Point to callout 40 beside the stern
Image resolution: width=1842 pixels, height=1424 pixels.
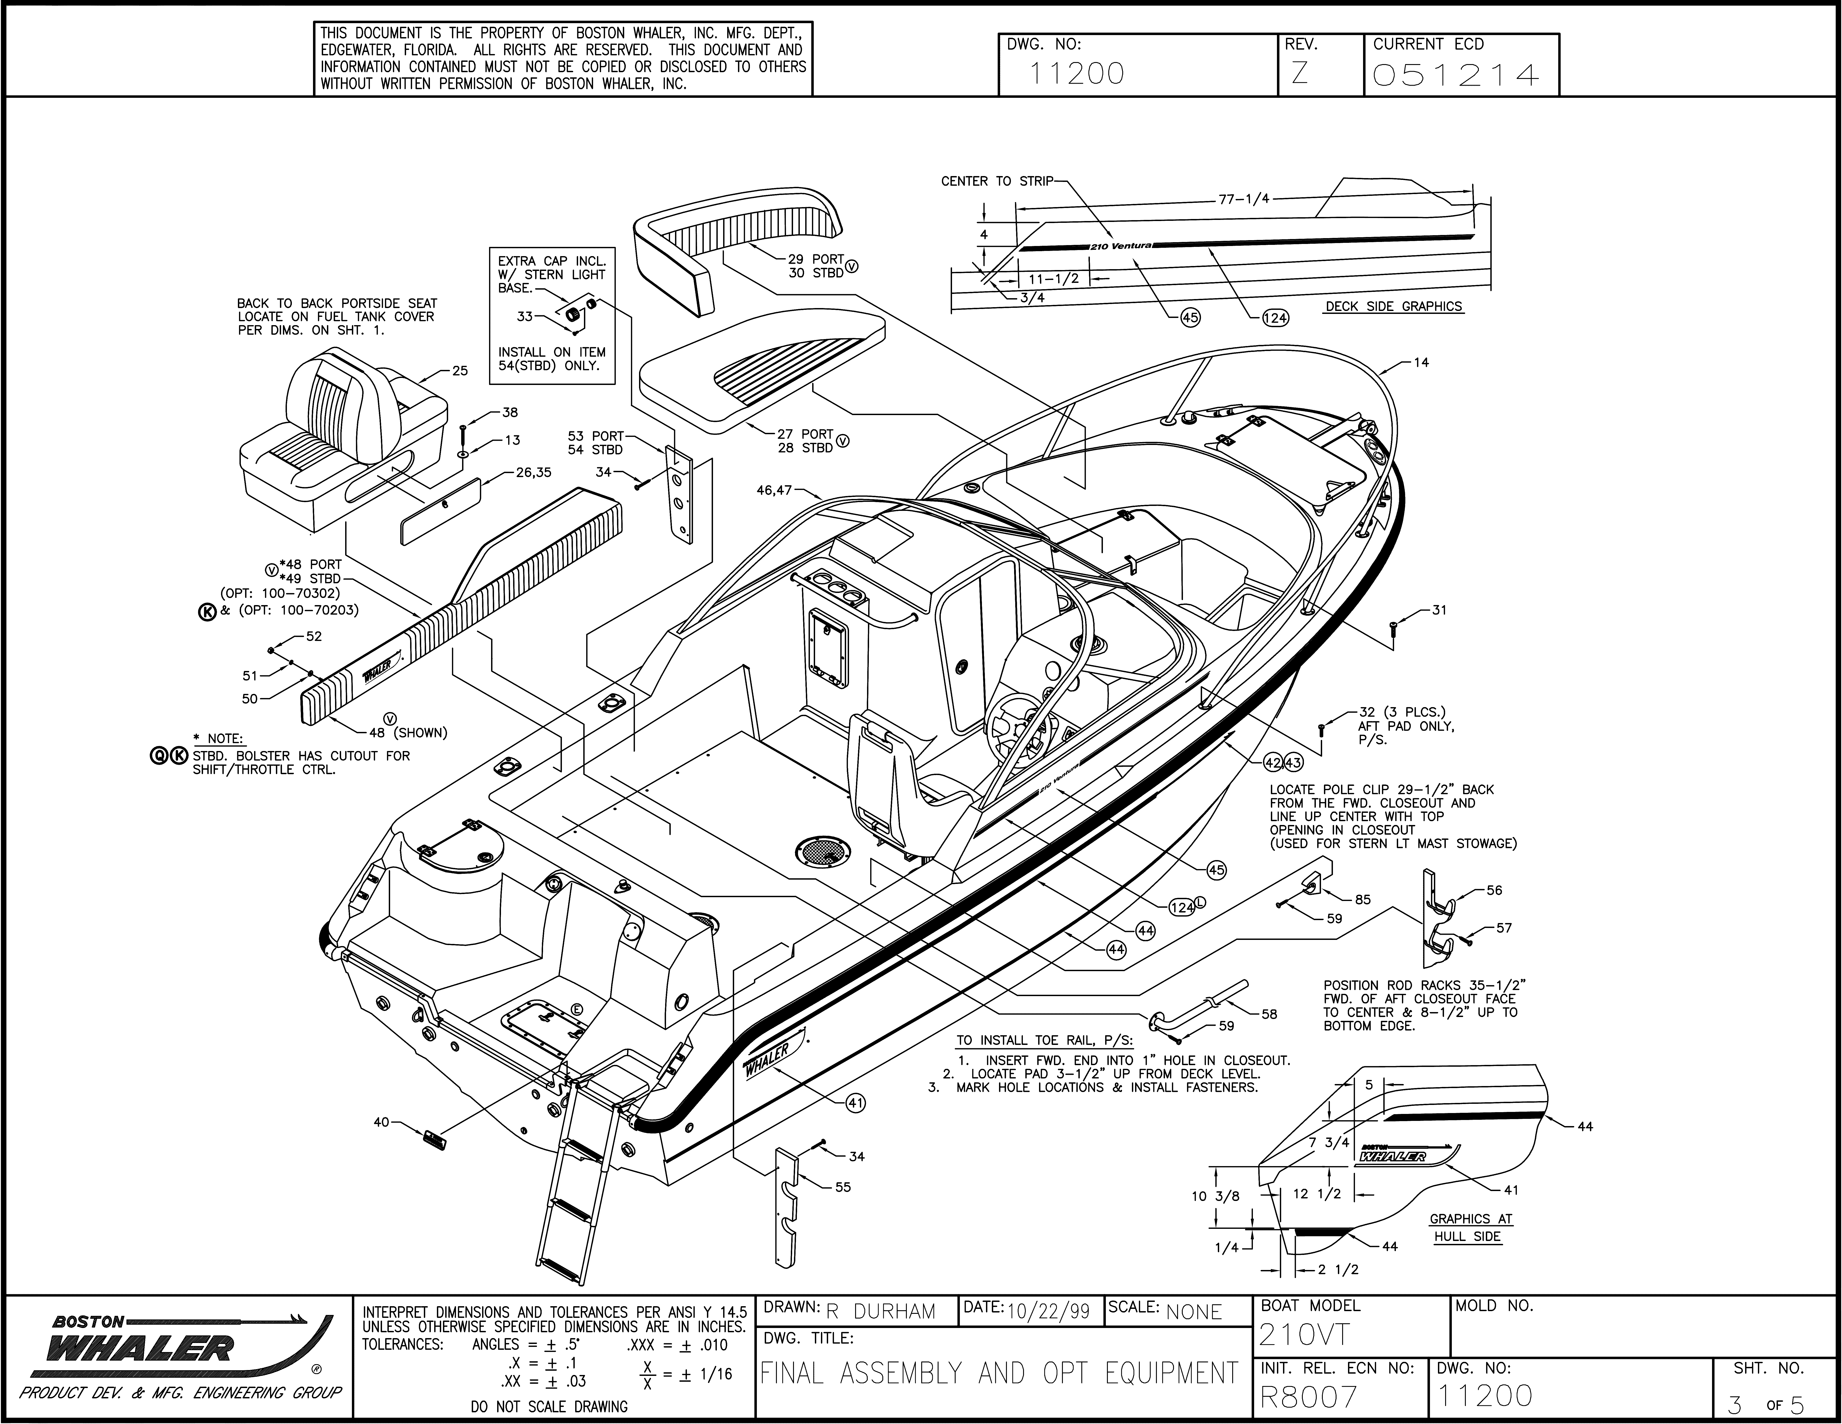click(x=381, y=1122)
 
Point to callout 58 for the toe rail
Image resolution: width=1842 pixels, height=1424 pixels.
click(x=1269, y=1015)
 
